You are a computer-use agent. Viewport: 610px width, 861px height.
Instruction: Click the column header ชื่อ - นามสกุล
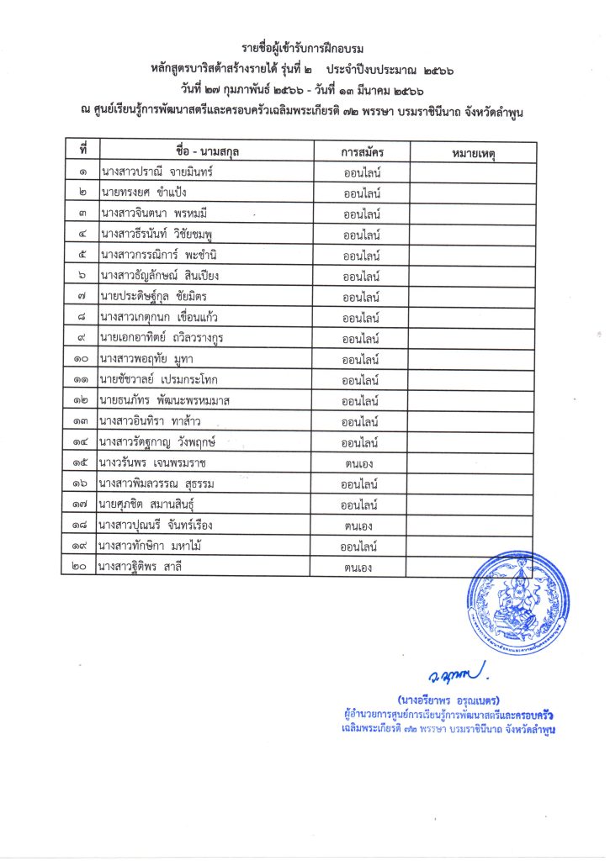tap(205, 152)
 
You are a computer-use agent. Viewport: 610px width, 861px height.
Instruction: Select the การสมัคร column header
tap(362, 152)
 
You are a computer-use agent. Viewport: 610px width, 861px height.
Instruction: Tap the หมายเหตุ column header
tap(473, 152)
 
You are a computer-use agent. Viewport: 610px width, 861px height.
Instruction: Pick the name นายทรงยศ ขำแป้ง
tap(141, 193)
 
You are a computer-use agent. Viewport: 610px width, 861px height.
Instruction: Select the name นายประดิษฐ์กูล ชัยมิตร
tap(154, 296)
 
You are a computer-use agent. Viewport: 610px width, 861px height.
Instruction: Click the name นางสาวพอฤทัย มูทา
tap(147, 359)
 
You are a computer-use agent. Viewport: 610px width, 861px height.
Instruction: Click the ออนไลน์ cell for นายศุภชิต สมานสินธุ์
tap(362, 504)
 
